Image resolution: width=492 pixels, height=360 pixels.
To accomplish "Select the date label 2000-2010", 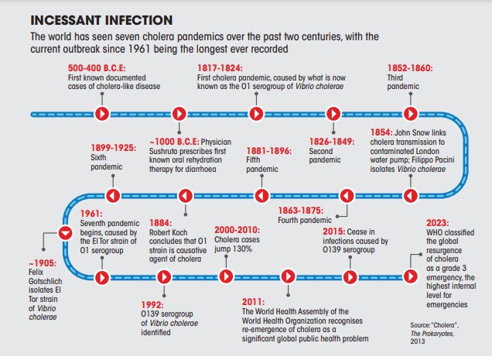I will (x=237, y=230).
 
